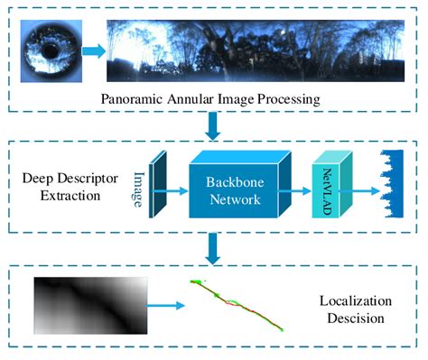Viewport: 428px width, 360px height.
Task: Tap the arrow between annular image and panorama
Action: pyautogui.click(x=93, y=51)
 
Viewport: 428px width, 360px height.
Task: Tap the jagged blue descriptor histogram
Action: pyautogui.click(x=393, y=187)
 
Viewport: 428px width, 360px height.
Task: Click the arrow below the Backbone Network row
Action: pyautogui.click(x=213, y=246)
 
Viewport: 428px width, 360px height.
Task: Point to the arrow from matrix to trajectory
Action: pyautogui.click(x=165, y=307)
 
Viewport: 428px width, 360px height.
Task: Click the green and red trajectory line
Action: pyautogui.click(x=236, y=304)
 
